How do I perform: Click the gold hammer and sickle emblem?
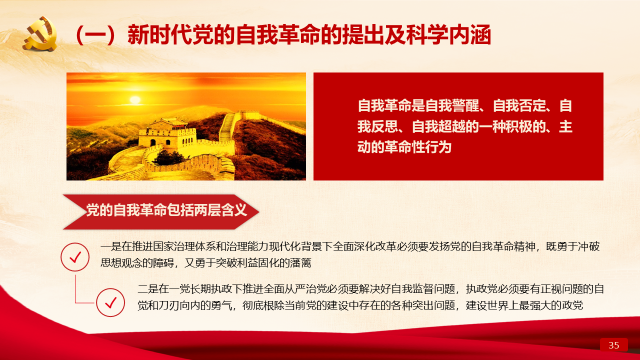tap(40, 34)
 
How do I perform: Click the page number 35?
tap(613, 345)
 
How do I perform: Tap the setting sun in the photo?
tap(135, 99)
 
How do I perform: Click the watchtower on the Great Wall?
tap(167, 133)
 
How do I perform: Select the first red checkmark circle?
tap(75, 257)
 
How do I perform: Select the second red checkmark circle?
tap(110, 302)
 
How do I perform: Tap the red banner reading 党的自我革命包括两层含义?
tap(161, 211)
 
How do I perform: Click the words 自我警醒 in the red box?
tap(452, 105)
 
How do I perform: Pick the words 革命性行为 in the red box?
tap(417, 147)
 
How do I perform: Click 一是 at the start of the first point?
tap(110, 246)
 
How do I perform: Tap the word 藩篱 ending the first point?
tap(300, 262)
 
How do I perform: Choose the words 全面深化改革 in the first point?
tap(364, 246)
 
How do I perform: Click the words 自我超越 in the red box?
tap(438, 126)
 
